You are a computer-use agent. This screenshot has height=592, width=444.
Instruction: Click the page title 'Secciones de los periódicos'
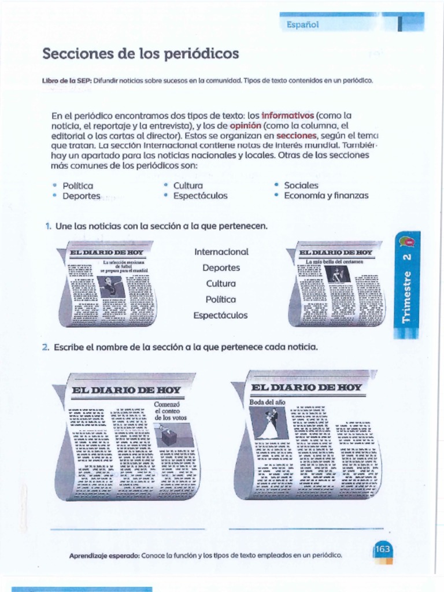click(140, 54)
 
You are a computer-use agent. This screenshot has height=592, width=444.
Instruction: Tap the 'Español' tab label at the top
click(302, 24)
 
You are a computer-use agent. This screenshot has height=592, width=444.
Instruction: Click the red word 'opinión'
click(246, 125)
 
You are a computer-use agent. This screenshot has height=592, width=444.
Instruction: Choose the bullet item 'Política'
click(77, 186)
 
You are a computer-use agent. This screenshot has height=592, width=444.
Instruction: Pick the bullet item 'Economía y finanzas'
click(326, 195)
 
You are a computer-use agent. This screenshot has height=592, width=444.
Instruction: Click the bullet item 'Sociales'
click(301, 186)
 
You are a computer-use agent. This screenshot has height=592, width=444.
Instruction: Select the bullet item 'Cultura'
click(188, 186)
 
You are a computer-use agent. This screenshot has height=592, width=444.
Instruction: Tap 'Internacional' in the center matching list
click(221, 252)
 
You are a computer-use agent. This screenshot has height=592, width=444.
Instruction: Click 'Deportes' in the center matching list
click(221, 268)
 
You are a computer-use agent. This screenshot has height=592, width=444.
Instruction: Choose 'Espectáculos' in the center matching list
click(221, 316)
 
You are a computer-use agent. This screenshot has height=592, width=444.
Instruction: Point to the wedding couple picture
click(269, 424)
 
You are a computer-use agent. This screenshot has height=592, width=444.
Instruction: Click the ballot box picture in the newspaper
click(169, 435)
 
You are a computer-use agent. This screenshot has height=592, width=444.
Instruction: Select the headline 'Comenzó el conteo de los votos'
click(171, 410)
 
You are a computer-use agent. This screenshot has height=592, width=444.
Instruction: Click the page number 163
click(382, 549)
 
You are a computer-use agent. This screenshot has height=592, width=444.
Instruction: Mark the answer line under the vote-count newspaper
click(128, 528)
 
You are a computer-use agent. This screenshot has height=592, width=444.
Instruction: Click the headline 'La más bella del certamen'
click(335, 262)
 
